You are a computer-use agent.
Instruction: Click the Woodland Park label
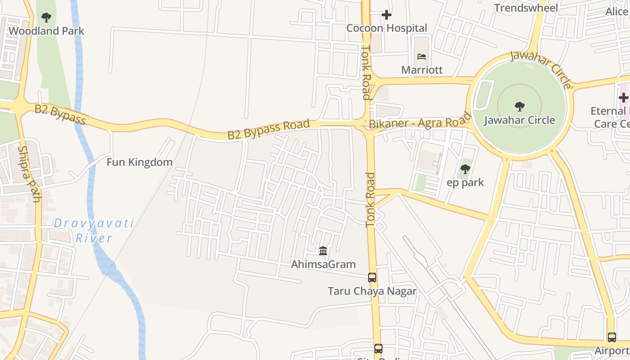pos(46,31)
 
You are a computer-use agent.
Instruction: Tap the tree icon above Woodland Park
pos(46,18)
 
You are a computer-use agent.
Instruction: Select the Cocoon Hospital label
pos(387,28)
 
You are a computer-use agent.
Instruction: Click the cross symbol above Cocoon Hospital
pos(387,15)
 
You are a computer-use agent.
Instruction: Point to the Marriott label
pos(422,70)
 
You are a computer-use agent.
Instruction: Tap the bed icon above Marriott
pos(422,57)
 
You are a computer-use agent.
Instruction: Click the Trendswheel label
pos(526,8)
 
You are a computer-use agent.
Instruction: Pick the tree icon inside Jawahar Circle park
pos(520,107)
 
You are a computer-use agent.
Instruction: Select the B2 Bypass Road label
pos(269,129)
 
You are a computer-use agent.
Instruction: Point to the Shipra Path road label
pos(29,174)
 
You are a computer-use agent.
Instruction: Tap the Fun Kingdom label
pos(139,162)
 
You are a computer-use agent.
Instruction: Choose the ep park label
pos(465,182)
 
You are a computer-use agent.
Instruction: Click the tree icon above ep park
pos(465,169)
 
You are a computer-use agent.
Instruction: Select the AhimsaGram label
pos(323,264)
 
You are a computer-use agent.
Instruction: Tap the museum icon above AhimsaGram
pos(323,251)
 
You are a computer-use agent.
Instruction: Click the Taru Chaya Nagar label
pos(372,291)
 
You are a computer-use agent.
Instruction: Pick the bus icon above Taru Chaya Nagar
pos(372,278)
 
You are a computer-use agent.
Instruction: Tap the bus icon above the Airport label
pos(612,337)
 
